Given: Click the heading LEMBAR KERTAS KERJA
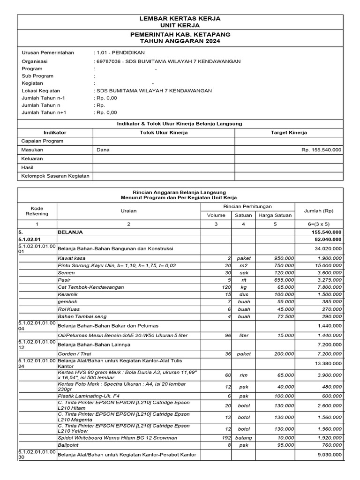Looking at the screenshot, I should click(x=180, y=18).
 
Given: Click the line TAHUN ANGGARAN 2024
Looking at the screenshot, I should click(x=180, y=41).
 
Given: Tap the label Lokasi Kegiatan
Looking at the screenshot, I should click(x=41, y=90).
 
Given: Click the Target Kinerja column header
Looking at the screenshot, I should click(x=289, y=133).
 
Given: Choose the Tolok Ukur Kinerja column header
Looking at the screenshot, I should click(x=164, y=133).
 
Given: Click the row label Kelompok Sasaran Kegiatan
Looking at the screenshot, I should click(x=55, y=177).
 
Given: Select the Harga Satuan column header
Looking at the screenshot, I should click(x=275, y=215).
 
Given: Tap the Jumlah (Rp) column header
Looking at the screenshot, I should click(x=319, y=211).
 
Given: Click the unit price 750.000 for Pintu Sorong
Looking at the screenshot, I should click(x=285, y=266).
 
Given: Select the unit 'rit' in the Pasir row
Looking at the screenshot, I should click(x=243, y=280).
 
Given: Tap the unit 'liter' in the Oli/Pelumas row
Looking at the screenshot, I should click(x=243, y=336).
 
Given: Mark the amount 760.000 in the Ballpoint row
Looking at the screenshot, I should click(x=331, y=445).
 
